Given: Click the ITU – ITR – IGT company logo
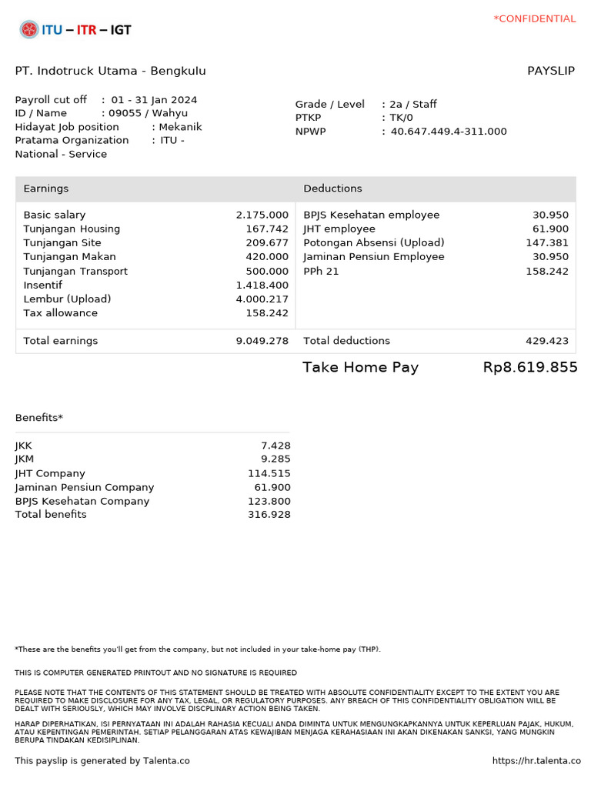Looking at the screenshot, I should [x=75, y=30].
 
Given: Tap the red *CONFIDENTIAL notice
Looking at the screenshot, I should [x=534, y=18].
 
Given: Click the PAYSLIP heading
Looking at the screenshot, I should [x=550, y=71].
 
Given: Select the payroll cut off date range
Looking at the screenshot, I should [x=154, y=100].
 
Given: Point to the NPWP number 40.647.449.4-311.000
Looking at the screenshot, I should [x=449, y=132].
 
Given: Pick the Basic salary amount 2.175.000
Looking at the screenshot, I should [x=262, y=215].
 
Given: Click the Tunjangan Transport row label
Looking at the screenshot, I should [x=75, y=272].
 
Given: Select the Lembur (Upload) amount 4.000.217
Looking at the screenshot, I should [x=262, y=299].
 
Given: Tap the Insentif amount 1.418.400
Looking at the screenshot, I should [x=262, y=285].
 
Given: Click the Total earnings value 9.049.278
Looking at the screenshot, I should [x=262, y=341].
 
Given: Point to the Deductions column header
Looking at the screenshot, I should [x=332, y=189].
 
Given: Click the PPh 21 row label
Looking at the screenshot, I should [x=321, y=272].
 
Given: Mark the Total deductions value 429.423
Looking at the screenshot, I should [x=547, y=341].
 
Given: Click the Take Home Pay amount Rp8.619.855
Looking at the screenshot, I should [x=530, y=368].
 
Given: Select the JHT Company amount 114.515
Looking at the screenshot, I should [x=269, y=474].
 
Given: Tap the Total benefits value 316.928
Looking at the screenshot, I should [x=269, y=515].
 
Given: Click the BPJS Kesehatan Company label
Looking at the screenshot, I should [x=82, y=502].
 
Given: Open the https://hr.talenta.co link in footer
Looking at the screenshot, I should [x=536, y=761].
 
